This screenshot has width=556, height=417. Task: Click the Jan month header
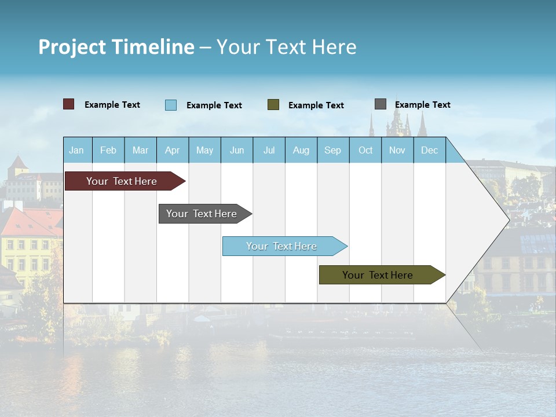tap(77, 150)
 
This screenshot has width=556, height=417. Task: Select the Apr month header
tap(173, 150)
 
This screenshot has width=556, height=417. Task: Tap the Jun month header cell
tap(237, 150)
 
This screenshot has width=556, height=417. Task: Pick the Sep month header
tap(333, 150)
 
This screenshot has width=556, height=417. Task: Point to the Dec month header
tap(430, 150)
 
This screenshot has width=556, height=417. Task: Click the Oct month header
tap(365, 150)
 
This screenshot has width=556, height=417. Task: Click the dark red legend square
tap(69, 104)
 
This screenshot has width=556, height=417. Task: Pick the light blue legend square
tap(171, 105)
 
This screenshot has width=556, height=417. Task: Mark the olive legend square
tap(273, 105)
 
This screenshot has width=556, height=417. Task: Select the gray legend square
tap(381, 104)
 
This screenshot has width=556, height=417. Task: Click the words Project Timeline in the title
tap(116, 47)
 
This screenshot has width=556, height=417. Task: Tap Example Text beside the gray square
tap(423, 105)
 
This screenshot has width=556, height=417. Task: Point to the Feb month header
tap(108, 150)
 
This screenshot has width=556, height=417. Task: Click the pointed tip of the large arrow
tap(509, 220)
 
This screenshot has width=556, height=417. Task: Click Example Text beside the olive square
tap(316, 105)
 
